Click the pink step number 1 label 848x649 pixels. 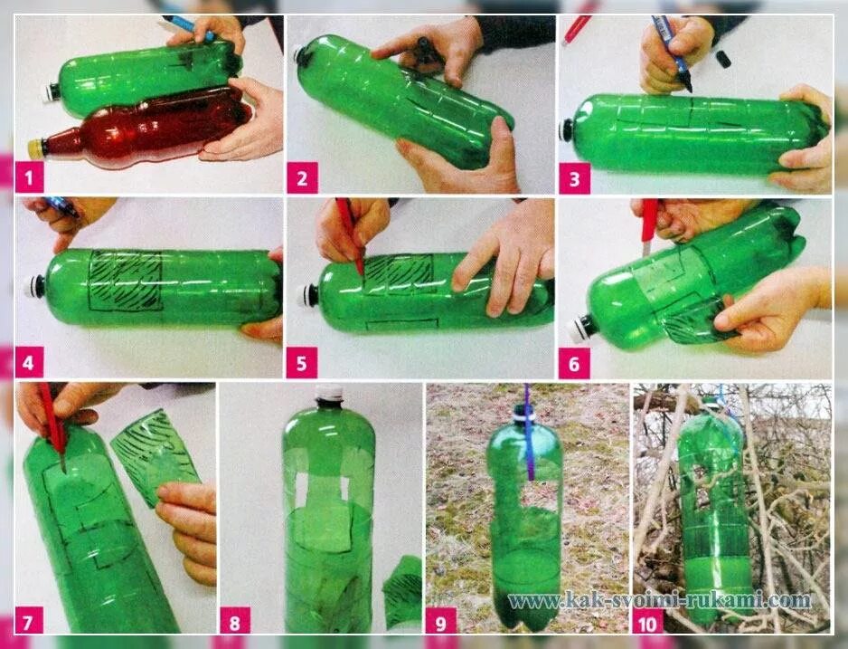[29, 178]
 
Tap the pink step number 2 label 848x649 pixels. [302, 178]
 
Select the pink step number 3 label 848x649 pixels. [574, 178]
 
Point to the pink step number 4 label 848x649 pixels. [29, 363]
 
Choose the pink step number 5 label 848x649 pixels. [302, 363]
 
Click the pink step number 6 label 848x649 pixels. [574, 363]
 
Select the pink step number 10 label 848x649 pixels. [647, 622]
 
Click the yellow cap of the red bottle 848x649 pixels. [35, 148]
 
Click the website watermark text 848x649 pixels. [660, 600]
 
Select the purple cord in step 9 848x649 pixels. [528, 433]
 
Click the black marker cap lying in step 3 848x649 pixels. [722, 59]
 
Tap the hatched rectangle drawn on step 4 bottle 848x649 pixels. [126, 281]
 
